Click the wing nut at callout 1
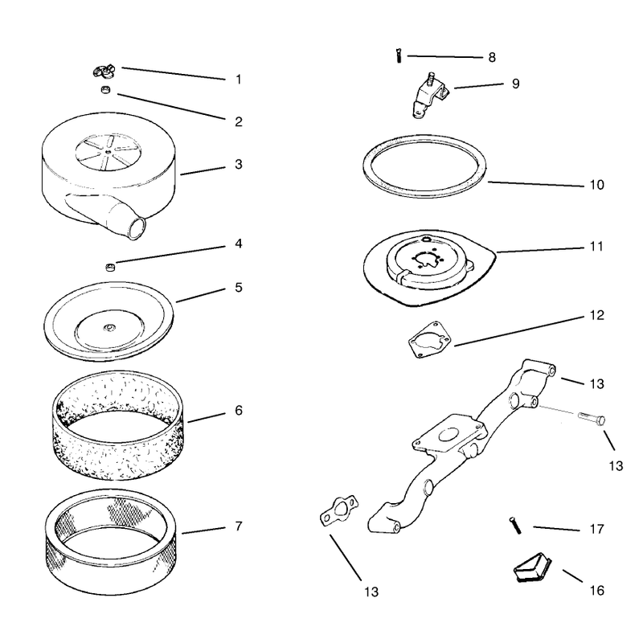[x=104, y=72]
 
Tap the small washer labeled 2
[x=106, y=89]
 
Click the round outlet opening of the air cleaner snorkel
[x=137, y=228]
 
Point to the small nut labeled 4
[x=110, y=268]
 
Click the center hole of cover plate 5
[x=109, y=327]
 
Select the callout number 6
[x=239, y=411]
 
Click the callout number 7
[x=239, y=526]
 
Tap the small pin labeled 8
[x=398, y=55]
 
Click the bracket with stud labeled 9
[x=430, y=96]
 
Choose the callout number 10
[x=597, y=185]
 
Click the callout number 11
[x=596, y=247]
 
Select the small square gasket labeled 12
[x=429, y=339]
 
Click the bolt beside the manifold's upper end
[x=592, y=419]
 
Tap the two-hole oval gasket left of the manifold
[x=338, y=510]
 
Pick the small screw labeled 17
[x=515, y=526]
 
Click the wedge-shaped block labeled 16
[x=533, y=567]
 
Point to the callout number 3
[x=239, y=165]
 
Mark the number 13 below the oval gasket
[x=371, y=592]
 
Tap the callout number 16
[x=596, y=591]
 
